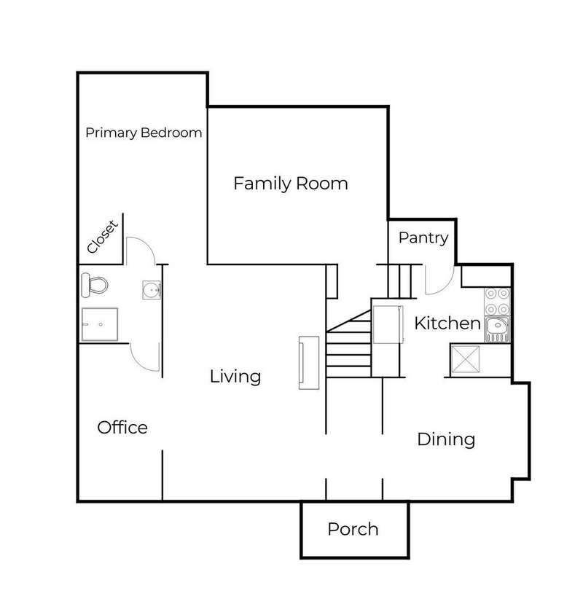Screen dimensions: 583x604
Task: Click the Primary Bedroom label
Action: (x=144, y=133)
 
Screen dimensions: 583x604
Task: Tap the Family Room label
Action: (x=291, y=184)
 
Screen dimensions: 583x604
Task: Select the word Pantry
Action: (x=423, y=238)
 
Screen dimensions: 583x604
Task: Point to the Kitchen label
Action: (x=447, y=323)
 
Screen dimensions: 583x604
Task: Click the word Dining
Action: (x=446, y=439)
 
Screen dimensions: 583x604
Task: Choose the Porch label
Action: (x=353, y=529)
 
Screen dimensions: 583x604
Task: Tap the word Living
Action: (x=235, y=377)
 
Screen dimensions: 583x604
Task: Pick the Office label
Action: (x=122, y=428)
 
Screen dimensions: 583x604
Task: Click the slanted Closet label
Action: (x=102, y=237)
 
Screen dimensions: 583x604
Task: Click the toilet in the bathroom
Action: (x=95, y=285)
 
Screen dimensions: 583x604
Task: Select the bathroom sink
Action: (x=152, y=290)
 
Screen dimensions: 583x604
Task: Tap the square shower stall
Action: (x=99, y=324)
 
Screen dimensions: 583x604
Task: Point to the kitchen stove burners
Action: (x=497, y=302)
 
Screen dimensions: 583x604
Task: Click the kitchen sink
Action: (x=497, y=329)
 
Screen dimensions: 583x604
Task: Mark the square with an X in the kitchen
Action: (x=465, y=359)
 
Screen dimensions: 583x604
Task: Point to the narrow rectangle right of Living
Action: (x=309, y=363)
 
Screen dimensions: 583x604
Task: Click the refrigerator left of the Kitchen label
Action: (x=388, y=324)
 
